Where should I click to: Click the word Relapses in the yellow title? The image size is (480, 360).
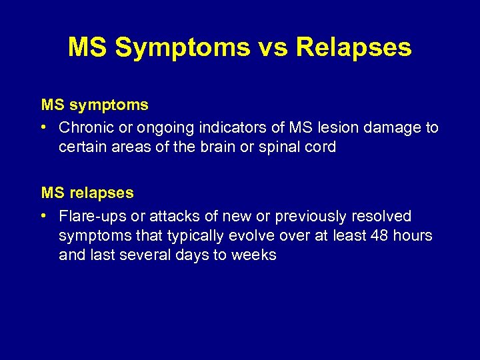[x=354, y=47]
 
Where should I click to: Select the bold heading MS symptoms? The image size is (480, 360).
[x=95, y=105]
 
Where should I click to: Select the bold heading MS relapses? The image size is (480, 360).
[x=87, y=193]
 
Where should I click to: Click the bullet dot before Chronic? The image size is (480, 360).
[x=43, y=127]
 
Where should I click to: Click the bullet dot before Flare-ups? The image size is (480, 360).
[x=43, y=216]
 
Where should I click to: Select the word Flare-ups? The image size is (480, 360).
[x=89, y=216]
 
